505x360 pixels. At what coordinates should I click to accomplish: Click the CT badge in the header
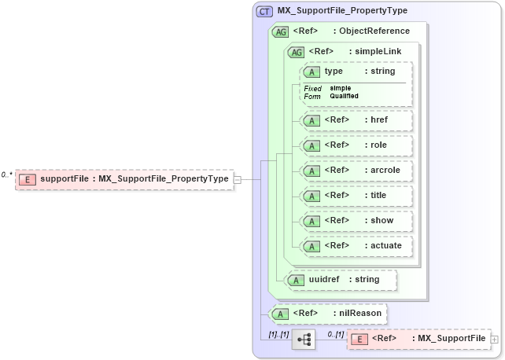pos(265,10)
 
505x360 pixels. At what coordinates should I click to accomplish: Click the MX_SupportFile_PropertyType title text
pos(342,10)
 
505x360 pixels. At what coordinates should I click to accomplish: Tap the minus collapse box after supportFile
pos(238,179)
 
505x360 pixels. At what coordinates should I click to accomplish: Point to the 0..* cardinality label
pos(7,174)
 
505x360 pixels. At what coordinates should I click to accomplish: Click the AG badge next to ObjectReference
pos(280,31)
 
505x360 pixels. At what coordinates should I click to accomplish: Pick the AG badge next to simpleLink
pos(297,52)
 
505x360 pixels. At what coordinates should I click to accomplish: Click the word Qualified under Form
pos(344,96)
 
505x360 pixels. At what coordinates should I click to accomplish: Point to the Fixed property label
pos(312,88)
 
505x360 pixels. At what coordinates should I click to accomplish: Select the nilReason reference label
pos(358,314)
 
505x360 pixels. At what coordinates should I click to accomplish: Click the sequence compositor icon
pos(304,340)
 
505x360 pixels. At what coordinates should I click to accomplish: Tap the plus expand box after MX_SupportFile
pos(494,339)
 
